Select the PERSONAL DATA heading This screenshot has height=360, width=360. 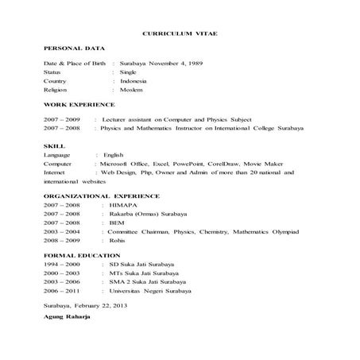click(x=74, y=49)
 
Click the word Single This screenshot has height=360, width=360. click(x=128, y=72)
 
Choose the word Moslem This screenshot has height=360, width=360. click(x=131, y=91)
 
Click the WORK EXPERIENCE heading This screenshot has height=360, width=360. click(x=79, y=104)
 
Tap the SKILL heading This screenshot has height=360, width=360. click(x=53, y=146)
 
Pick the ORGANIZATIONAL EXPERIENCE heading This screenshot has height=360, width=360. click(x=101, y=195)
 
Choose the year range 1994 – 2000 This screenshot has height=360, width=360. click(x=61, y=263)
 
